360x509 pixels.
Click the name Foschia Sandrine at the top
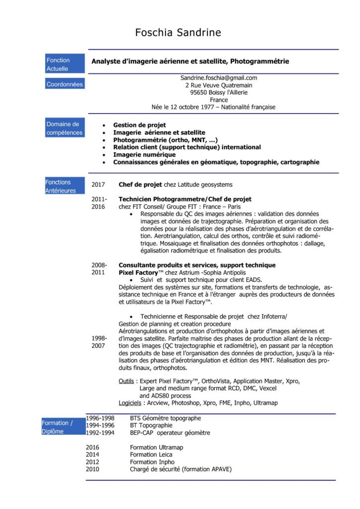178,33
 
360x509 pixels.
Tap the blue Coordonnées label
65,85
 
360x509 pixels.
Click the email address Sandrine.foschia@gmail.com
218,78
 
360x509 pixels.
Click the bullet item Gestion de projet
139,125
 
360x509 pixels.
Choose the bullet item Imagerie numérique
144,155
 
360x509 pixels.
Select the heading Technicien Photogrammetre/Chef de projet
184,199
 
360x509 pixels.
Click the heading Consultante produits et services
169,265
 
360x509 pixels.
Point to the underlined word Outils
126,381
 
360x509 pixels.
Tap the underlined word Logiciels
130,403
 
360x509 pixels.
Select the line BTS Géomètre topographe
165,418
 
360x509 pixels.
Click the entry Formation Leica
151,454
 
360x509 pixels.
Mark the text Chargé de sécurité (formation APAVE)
180,469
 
